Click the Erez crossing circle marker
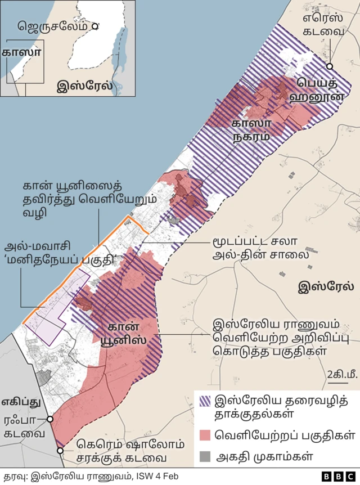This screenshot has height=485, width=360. [x=330, y=66]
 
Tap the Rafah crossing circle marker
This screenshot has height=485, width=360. [x=51, y=419]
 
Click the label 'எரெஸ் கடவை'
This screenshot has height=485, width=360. [x=323, y=24]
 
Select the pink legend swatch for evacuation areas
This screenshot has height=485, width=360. [x=205, y=434]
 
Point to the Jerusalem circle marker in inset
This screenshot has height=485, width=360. [x=96, y=26]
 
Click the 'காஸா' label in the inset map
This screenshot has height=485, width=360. [x=21, y=52]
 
